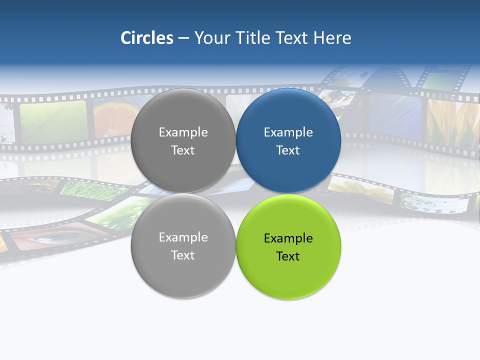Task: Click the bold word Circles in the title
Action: [147, 38]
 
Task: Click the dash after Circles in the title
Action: [183, 38]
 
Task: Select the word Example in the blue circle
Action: [288, 132]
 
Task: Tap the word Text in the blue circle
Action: [288, 150]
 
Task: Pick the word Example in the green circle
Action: [288, 238]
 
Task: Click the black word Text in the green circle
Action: [288, 256]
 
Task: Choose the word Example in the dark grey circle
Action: [183, 132]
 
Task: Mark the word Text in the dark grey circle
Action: [183, 150]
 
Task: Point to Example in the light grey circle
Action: [183, 237]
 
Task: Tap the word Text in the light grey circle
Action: [183, 255]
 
